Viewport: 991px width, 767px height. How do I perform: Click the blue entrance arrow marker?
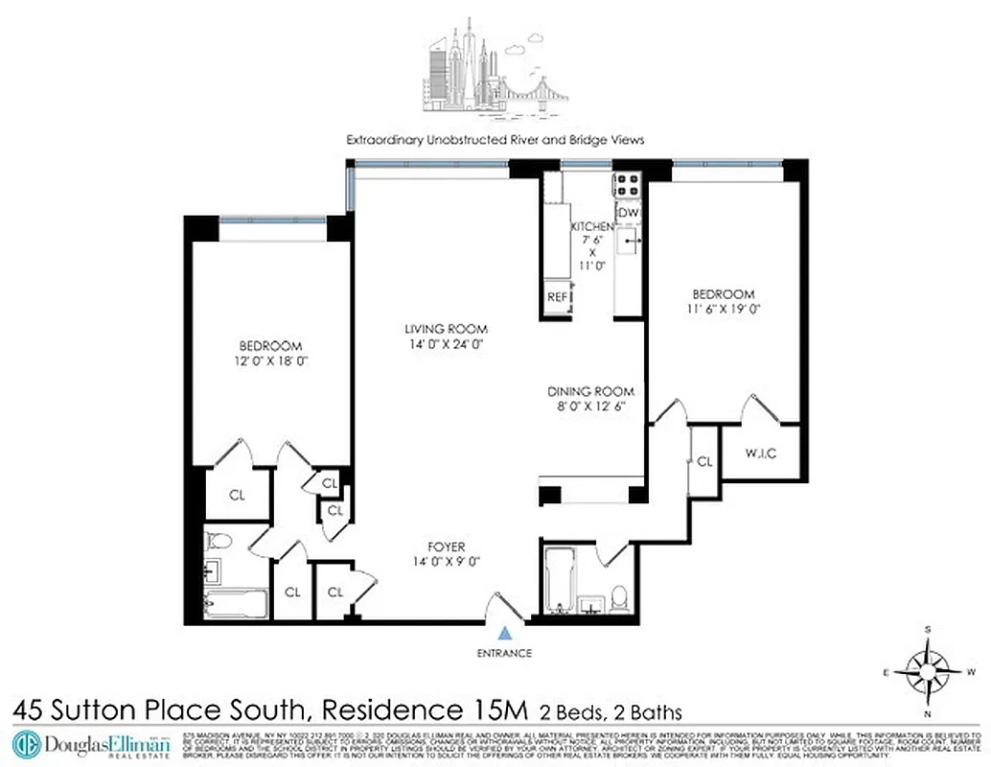(504, 633)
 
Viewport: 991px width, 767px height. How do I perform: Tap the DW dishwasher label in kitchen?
(628, 212)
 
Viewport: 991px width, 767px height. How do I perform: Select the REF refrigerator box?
(557, 297)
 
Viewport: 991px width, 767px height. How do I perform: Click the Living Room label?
(441, 330)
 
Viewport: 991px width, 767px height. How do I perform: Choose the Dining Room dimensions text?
(591, 407)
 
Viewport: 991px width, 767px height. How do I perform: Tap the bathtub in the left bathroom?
(236, 604)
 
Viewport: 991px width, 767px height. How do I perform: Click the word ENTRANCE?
(504, 653)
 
